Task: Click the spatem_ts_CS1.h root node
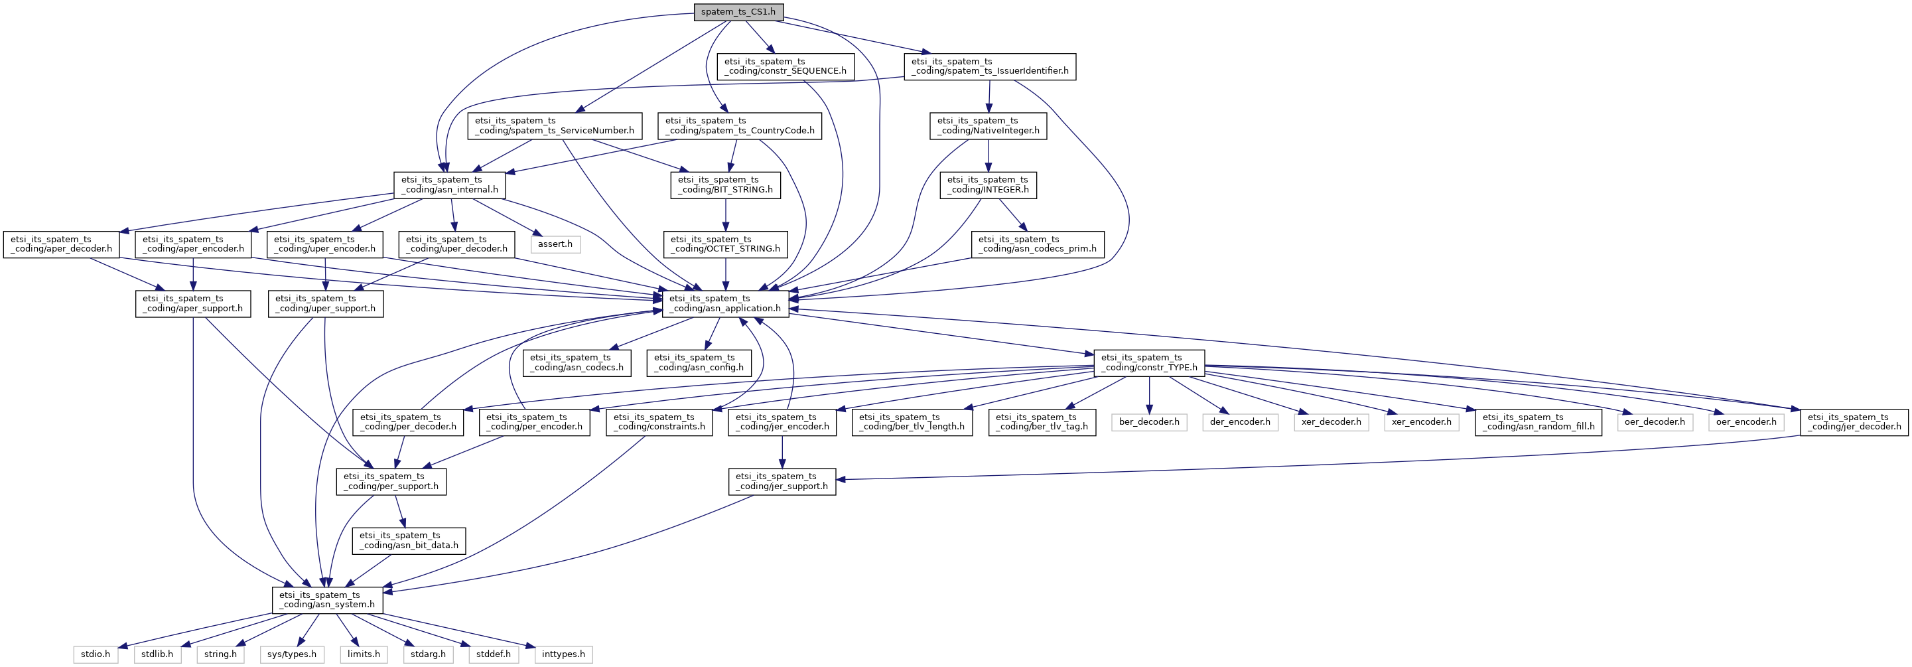(x=738, y=12)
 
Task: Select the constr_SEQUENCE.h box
(x=785, y=66)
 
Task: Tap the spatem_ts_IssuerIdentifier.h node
(x=990, y=66)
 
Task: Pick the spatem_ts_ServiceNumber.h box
(x=555, y=125)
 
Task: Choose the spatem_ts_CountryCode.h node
(x=740, y=125)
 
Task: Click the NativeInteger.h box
(x=988, y=125)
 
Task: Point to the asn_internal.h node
(x=450, y=185)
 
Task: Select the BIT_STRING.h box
(x=726, y=185)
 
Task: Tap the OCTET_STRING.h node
(x=725, y=244)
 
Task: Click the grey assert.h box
(x=555, y=244)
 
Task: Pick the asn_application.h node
(x=725, y=303)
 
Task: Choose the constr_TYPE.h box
(x=1149, y=362)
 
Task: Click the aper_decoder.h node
(x=62, y=244)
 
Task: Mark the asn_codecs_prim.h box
(x=1038, y=244)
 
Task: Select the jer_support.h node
(x=782, y=481)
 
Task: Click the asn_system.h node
(x=327, y=599)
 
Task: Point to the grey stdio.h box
(x=96, y=654)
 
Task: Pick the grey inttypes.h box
(x=563, y=654)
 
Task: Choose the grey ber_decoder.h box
(x=1149, y=422)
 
